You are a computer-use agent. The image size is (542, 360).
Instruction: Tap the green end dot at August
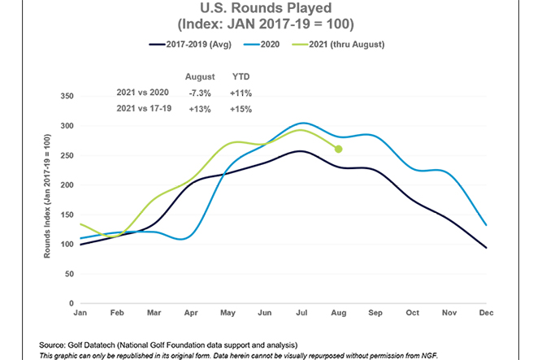point(338,149)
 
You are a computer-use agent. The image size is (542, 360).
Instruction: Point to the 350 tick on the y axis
point(67,96)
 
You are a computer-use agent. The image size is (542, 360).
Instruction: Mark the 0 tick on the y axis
point(72,303)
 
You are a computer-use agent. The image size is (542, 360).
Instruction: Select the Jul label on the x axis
point(301,312)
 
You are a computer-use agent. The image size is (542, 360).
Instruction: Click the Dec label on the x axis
point(486,312)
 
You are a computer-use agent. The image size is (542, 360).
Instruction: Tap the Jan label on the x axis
point(80,312)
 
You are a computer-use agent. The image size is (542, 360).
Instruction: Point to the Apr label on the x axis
point(191,312)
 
